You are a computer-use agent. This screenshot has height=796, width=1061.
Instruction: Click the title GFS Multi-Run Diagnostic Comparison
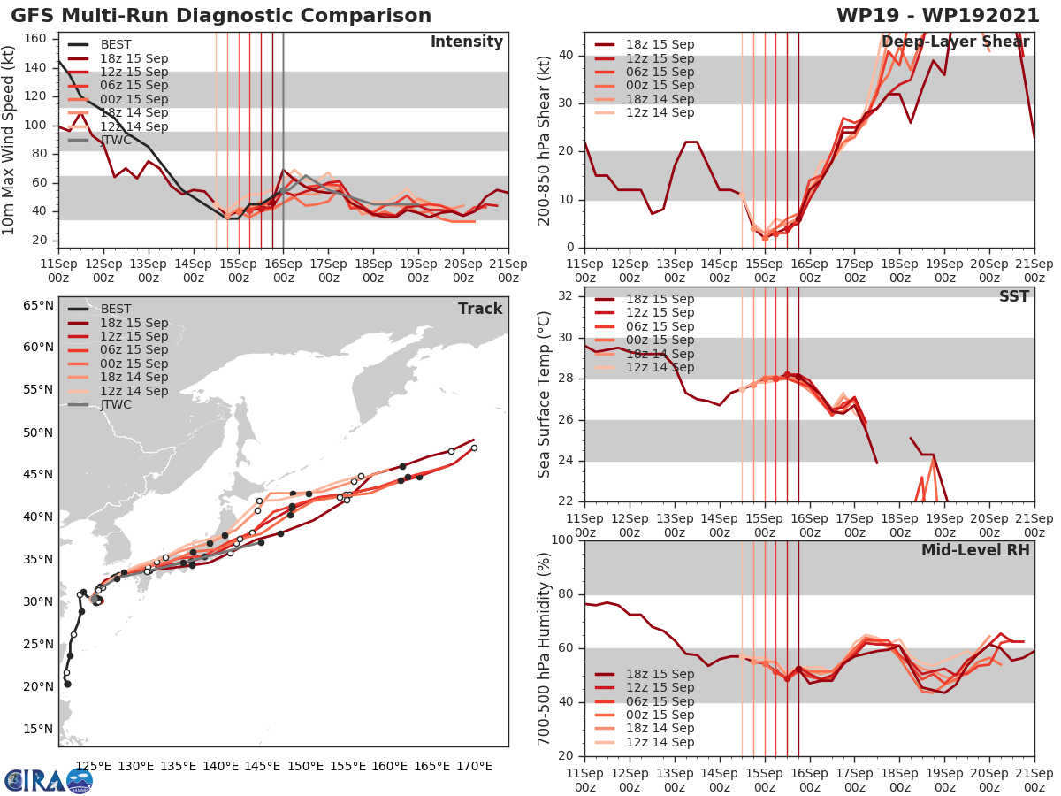(x=221, y=16)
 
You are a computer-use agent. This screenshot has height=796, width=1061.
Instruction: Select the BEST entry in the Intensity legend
(x=115, y=45)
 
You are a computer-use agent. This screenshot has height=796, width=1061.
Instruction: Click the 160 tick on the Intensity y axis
(x=36, y=39)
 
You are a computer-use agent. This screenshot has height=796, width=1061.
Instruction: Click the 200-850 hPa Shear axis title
(x=545, y=140)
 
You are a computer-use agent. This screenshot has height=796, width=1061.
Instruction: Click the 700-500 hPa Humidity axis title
(x=545, y=647)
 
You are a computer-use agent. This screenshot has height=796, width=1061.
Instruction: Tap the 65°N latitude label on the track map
(x=38, y=306)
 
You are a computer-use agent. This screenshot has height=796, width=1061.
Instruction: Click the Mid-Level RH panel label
(x=975, y=551)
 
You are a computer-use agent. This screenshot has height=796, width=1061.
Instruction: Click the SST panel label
(x=1013, y=296)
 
